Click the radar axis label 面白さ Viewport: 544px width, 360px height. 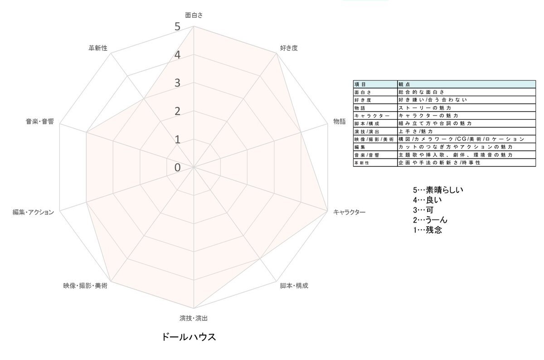tap(194, 15)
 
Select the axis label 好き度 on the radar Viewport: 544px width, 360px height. tap(289, 48)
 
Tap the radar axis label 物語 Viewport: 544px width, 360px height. tap(339, 122)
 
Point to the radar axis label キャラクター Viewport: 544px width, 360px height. tap(349, 212)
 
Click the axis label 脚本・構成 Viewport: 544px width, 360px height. tap(294, 286)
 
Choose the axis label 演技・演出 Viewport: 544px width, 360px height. tap(194, 318)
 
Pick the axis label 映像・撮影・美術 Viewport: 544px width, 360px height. tap(85, 286)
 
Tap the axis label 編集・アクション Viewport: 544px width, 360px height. tap(33, 212)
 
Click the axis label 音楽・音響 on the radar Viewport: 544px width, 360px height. tap(40, 122)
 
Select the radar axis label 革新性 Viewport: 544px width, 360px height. tap(98, 48)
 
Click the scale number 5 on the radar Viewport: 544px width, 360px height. tap(178, 26)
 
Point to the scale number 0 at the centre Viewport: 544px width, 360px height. tap(178, 168)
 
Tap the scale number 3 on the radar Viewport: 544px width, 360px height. tap(178, 83)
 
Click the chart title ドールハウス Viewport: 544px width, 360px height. tap(189, 337)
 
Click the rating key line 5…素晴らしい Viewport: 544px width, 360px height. tap(438, 190)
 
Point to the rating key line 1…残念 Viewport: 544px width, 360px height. tap(427, 230)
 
